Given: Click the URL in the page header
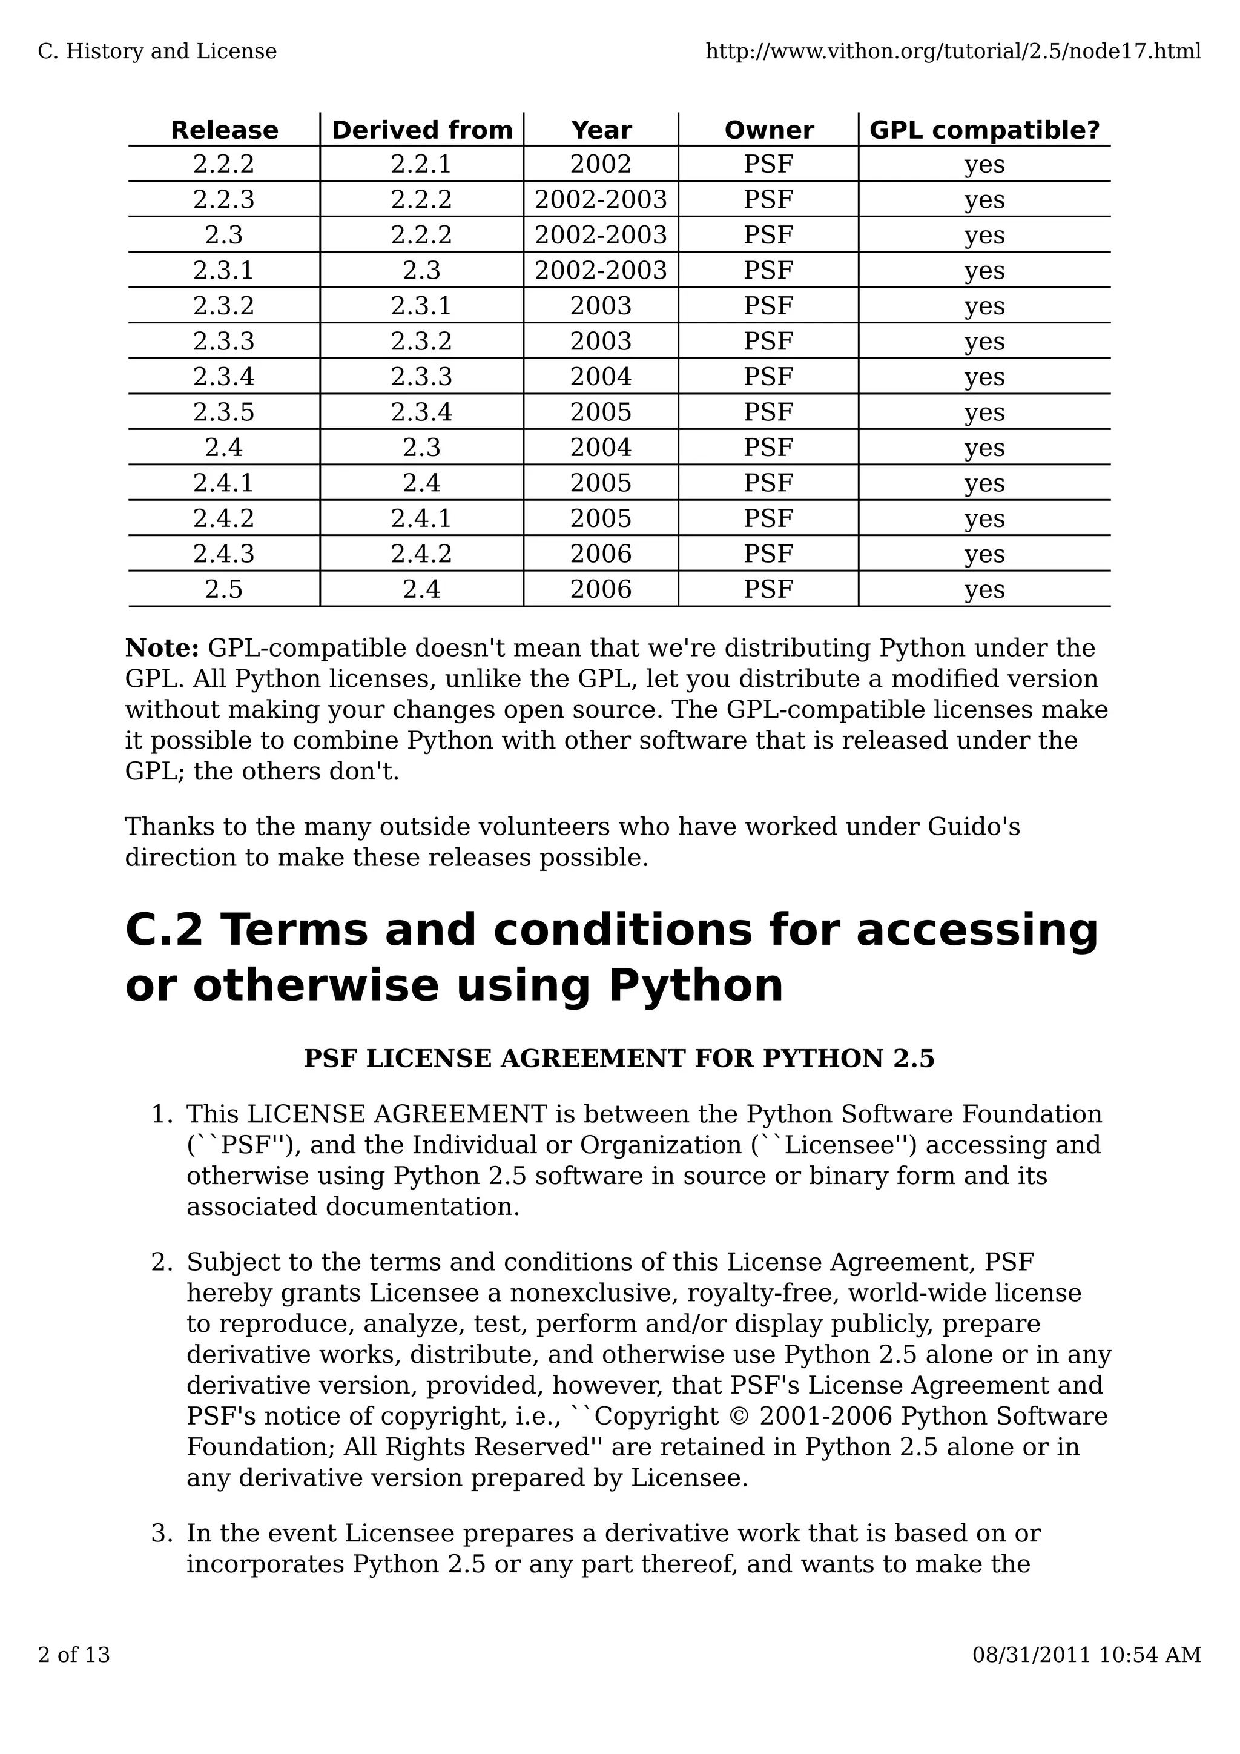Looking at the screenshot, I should pos(953,51).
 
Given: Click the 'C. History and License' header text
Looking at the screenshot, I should pos(157,51).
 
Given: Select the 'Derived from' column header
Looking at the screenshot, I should pos(422,130).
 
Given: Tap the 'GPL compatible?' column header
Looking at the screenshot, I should pos(984,130).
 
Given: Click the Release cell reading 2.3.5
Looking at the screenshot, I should pos(223,412).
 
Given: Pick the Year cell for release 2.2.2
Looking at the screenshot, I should pos(601,164).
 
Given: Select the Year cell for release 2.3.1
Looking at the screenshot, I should pos(601,271).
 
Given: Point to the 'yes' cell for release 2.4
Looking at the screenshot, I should pos(984,448).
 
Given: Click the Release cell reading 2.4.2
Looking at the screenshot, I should pos(223,518).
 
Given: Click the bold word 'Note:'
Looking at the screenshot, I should pos(162,648).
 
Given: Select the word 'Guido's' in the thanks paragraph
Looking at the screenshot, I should pos(974,827).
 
